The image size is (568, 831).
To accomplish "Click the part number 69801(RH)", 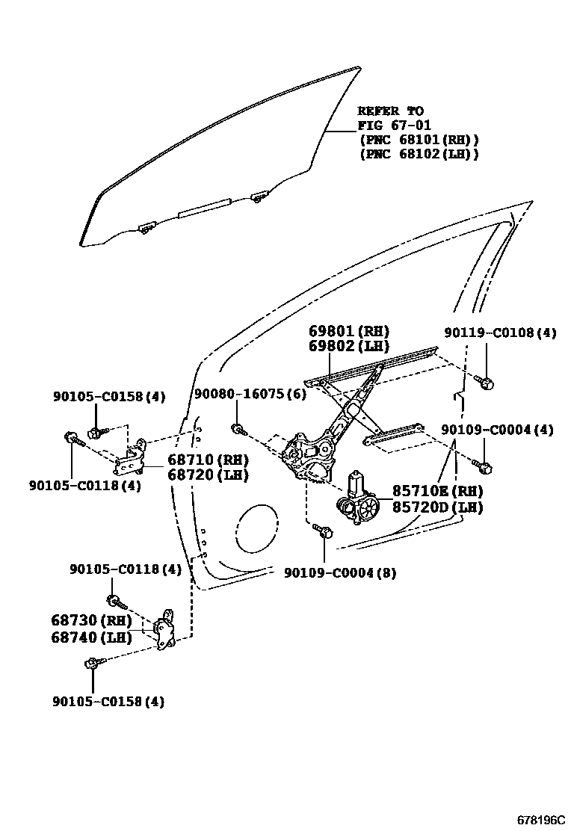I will [349, 331].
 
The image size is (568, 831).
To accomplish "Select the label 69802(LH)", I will [349, 346].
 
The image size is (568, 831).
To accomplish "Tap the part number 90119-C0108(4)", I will [499, 333].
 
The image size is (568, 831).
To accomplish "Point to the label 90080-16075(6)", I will [250, 394].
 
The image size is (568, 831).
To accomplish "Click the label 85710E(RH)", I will [437, 491].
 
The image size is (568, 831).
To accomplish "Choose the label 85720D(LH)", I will [437, 507].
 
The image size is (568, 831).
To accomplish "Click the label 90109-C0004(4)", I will [497, 430].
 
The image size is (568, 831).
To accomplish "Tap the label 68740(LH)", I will [91, 637].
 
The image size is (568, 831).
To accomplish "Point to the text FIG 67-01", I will [395, 125].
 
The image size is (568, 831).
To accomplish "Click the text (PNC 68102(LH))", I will [419, 154].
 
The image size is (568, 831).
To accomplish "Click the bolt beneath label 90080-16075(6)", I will [237, 430].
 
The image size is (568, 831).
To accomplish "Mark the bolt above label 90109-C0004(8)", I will [324, 531].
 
